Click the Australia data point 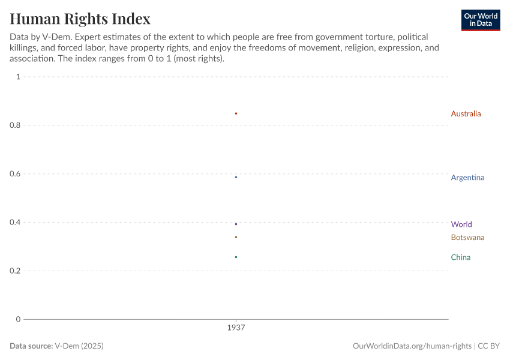pos(236,113)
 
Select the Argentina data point pos(236,177)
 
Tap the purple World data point pos(236,224)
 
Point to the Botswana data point pos(236,237)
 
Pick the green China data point pos(236,257)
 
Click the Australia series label pos(466,113)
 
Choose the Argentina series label pos(467,178)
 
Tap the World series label pos(461,224)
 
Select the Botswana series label pos(467,238)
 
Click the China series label pos(460,257)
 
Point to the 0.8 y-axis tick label pos(14,125)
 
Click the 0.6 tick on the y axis pos(14,174)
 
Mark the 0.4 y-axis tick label pos(14,223)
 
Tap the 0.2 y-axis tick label pos(14,271)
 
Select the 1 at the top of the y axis pos(19,77)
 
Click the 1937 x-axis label pos(236,328)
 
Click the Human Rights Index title pos(80,19)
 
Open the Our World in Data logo pos(480,20)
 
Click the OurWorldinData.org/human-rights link pos(412,346)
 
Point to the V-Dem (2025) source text pos(83,346)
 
